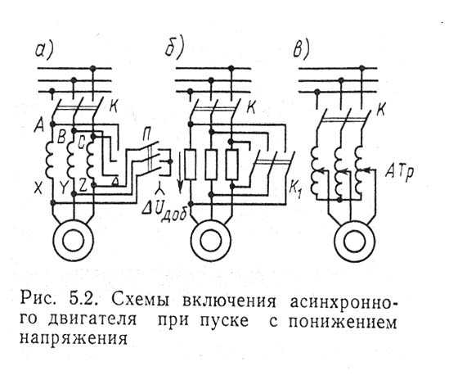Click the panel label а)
point(44,51)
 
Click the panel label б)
point(174,49)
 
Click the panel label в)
point(302,50)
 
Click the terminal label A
point(39,125)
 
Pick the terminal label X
point(38,188)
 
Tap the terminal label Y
point(63,188)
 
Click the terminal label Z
point(83,187)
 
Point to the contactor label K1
point(295,188)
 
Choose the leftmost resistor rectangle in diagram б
point(191,165)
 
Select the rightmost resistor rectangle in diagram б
point(231,165)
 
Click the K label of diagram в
point(381,109)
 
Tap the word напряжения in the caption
point(74,338)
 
